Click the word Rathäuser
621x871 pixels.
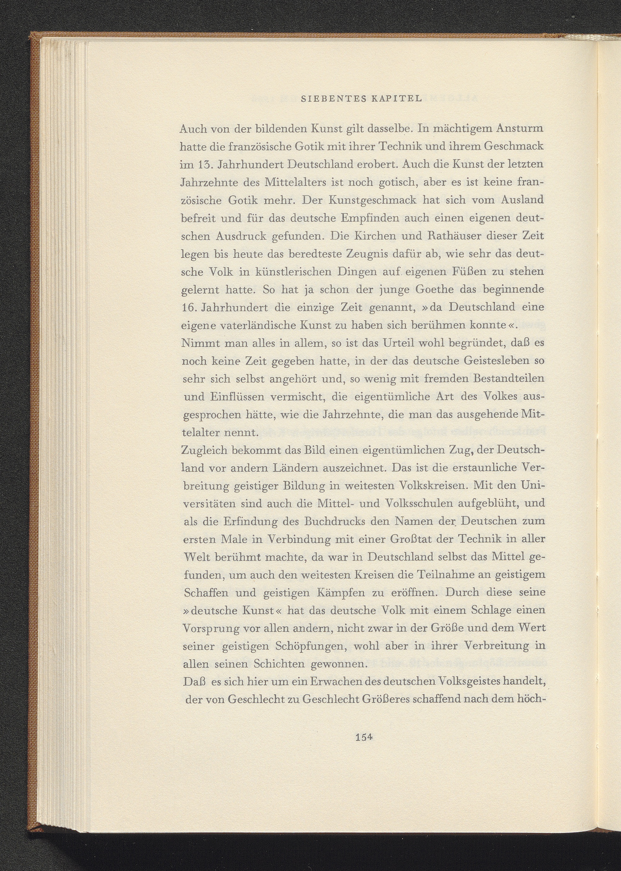[442, 236]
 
